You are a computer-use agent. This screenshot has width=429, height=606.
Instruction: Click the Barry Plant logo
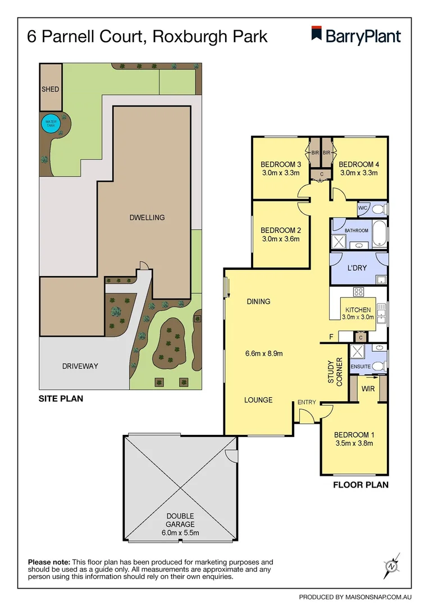coord(356,36)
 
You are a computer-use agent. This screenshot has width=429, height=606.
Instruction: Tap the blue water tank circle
coord(51,123)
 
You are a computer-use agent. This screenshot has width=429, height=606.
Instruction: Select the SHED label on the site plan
coord(50,89)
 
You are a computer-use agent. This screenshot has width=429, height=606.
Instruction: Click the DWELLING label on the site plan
coord(147,217)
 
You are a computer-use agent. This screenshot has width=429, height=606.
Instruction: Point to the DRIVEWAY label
coord(80,366)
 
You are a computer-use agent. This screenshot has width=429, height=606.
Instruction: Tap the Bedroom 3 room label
coord(281,164)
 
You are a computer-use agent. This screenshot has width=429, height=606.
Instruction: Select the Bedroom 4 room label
coord(359,164)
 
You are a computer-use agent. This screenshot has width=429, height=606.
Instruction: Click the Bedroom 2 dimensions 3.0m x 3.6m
coord(281,239)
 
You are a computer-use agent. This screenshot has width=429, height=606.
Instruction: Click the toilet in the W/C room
coord(380,209)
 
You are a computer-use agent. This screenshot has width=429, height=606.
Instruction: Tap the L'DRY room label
coord(357,268)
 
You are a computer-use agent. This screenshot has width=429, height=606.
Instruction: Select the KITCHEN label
coord(358,310)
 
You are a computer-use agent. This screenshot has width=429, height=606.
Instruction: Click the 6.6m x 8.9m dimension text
coord(263,353)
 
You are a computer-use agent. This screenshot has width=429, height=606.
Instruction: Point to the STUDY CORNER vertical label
coord(335,371)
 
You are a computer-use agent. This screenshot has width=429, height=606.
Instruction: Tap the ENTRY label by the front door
coord(307,402)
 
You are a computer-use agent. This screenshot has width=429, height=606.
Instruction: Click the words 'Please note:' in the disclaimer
coord(49,562)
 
